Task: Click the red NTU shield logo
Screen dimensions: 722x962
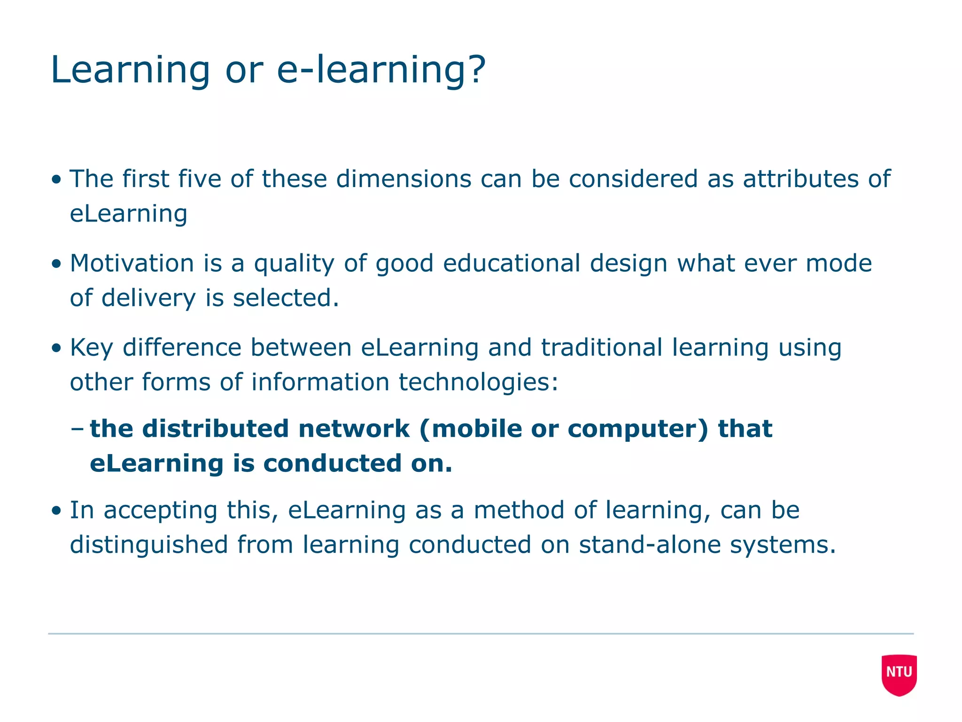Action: (899, 674)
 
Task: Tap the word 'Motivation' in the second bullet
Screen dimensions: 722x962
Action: (132, 263)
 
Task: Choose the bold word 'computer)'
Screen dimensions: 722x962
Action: (637, 429)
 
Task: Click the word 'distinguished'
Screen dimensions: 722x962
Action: (149, 545)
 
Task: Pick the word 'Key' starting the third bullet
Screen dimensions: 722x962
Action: (91, 349)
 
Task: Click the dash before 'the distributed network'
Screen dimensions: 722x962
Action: (77, 429)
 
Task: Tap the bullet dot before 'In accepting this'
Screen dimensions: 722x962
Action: (57, 511)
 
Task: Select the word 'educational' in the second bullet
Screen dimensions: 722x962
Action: (512, 263)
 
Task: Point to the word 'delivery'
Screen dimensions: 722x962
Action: (148, 298)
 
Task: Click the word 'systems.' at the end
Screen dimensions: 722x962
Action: (783, 545)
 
